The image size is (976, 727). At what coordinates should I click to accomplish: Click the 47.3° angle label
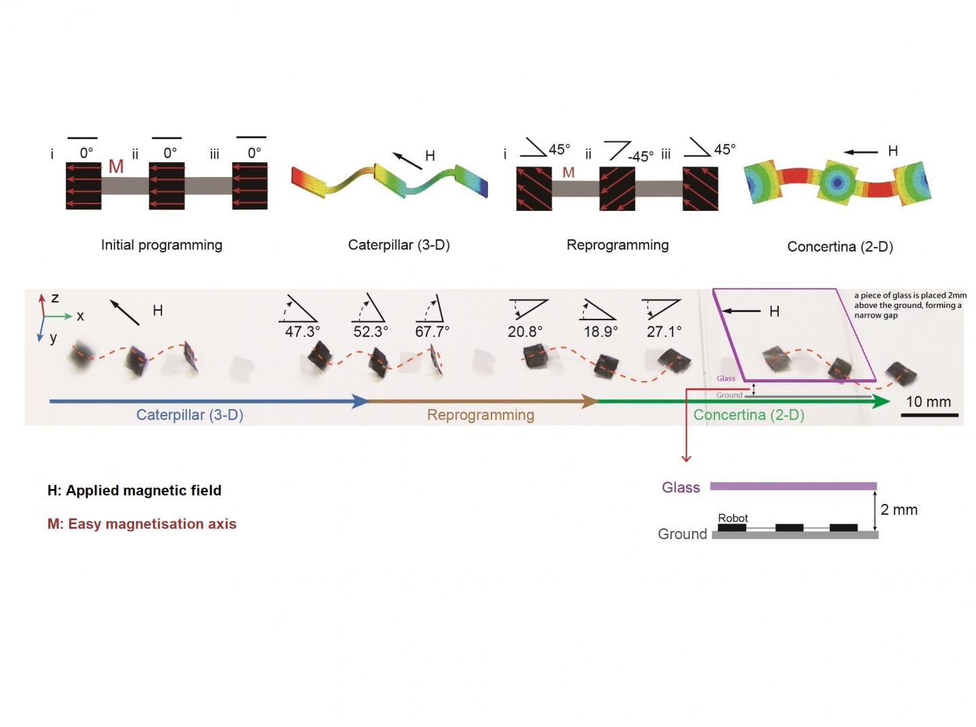click(302, 332)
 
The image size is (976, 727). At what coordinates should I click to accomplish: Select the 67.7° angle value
click(432, 332)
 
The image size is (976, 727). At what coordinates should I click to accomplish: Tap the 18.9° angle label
click(601, 332)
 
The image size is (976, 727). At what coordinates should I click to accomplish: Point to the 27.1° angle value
click(664, 332)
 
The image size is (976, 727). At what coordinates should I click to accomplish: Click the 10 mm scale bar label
click(928, 401)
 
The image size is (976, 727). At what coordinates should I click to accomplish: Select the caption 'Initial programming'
click(161, 245)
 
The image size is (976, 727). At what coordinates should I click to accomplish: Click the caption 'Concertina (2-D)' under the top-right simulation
click(840, 247)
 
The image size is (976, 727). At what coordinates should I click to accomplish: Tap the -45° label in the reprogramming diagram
click(640, 157)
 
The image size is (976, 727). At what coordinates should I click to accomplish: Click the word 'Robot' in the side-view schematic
click(733, 518)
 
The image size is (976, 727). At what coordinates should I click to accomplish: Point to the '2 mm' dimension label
click(899, 510)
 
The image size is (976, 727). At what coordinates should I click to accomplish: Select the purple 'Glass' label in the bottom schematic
click(680, 488)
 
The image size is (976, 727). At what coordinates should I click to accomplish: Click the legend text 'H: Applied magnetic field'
click(134, 490)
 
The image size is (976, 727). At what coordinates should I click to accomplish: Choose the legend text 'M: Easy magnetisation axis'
click(142, 524)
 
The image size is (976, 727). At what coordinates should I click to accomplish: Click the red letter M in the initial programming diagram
click(116, 167)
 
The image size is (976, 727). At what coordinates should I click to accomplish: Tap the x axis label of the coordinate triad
click(80, 316)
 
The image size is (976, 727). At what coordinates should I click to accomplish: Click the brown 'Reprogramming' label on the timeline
click(481, 415)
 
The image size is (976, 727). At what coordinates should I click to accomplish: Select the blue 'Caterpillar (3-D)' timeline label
click(190, 415)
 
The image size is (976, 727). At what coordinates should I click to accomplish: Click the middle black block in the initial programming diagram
click(167, 186)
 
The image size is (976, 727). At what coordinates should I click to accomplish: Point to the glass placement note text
click(910, 305)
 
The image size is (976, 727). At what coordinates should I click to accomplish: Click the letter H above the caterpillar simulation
click(430, 156)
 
